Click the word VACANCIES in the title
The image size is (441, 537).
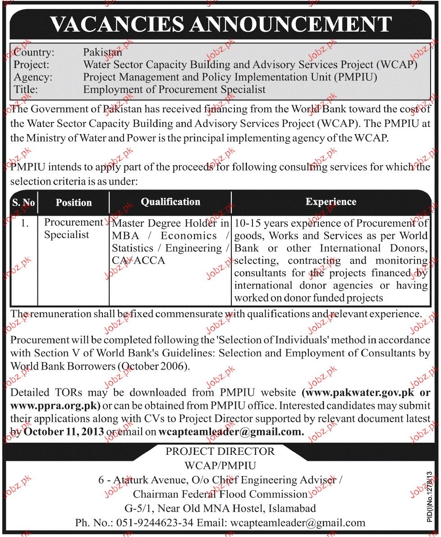pos(117,24)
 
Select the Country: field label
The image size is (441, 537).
pos(34,52)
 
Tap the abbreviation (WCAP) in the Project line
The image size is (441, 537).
pos(397,65)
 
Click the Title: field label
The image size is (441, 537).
pos(26,89)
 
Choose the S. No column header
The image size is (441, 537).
pos(23,203)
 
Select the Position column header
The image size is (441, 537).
pos(73,203)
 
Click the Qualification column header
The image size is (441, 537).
pos(170,202)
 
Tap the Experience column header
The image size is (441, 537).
pos(331,202)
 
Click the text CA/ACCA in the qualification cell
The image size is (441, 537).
pos(138,260)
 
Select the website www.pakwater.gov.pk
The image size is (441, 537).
pos(360,393)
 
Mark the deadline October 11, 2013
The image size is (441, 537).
pos(63,431)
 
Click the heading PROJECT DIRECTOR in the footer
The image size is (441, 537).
pos(220,452)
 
